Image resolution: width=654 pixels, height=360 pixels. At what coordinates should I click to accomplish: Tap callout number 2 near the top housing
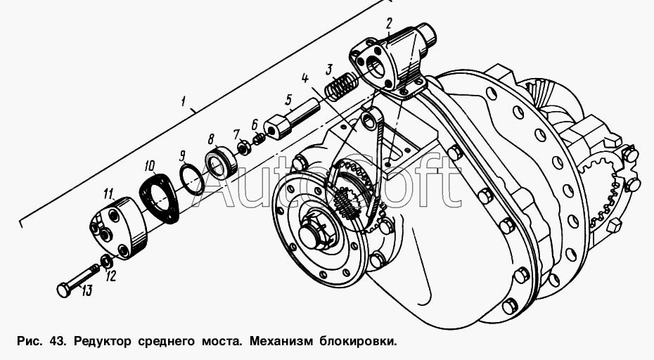point(389,24)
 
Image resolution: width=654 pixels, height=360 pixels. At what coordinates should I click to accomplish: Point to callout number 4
point(305,78)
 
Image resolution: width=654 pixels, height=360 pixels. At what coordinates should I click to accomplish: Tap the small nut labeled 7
point(243,147)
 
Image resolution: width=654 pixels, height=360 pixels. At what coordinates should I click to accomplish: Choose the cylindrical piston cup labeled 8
point(222,162)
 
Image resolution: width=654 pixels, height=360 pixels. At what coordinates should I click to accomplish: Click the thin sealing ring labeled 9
point(192,179)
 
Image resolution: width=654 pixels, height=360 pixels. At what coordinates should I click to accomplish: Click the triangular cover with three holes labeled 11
point(118,227)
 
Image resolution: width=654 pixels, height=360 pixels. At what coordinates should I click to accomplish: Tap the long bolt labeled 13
point(79,278)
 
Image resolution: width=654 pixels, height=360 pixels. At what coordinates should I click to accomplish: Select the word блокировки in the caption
point(357,342)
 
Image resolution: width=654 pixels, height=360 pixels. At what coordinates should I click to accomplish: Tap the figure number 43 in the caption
point(57,342)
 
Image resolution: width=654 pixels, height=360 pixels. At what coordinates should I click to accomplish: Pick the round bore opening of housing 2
point(376,66)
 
